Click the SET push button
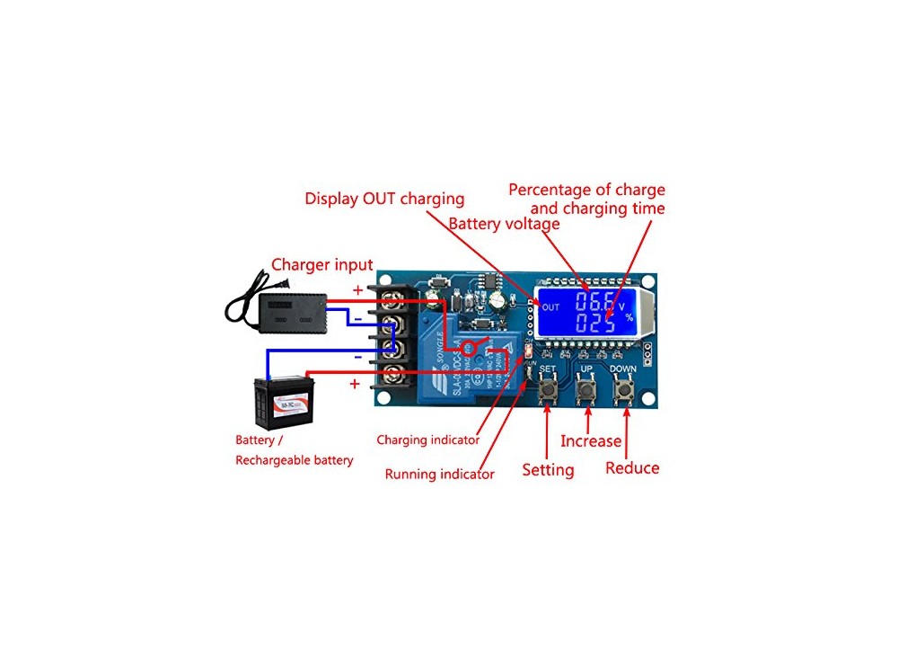click(547, 391)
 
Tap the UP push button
click(586, 391)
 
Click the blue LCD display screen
click(588, 311)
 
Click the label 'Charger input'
click(321, 264)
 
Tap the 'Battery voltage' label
click(504, 224)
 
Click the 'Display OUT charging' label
click(384, 199)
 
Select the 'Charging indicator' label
click(427, 440)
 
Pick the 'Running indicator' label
click(439, 474)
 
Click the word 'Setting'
click(548, 470)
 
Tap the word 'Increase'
click(590, 440)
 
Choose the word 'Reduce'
click(632, 468)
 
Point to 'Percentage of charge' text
click(586, 190)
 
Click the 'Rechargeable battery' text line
click(294, 460)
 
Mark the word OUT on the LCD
click(550, 306)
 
